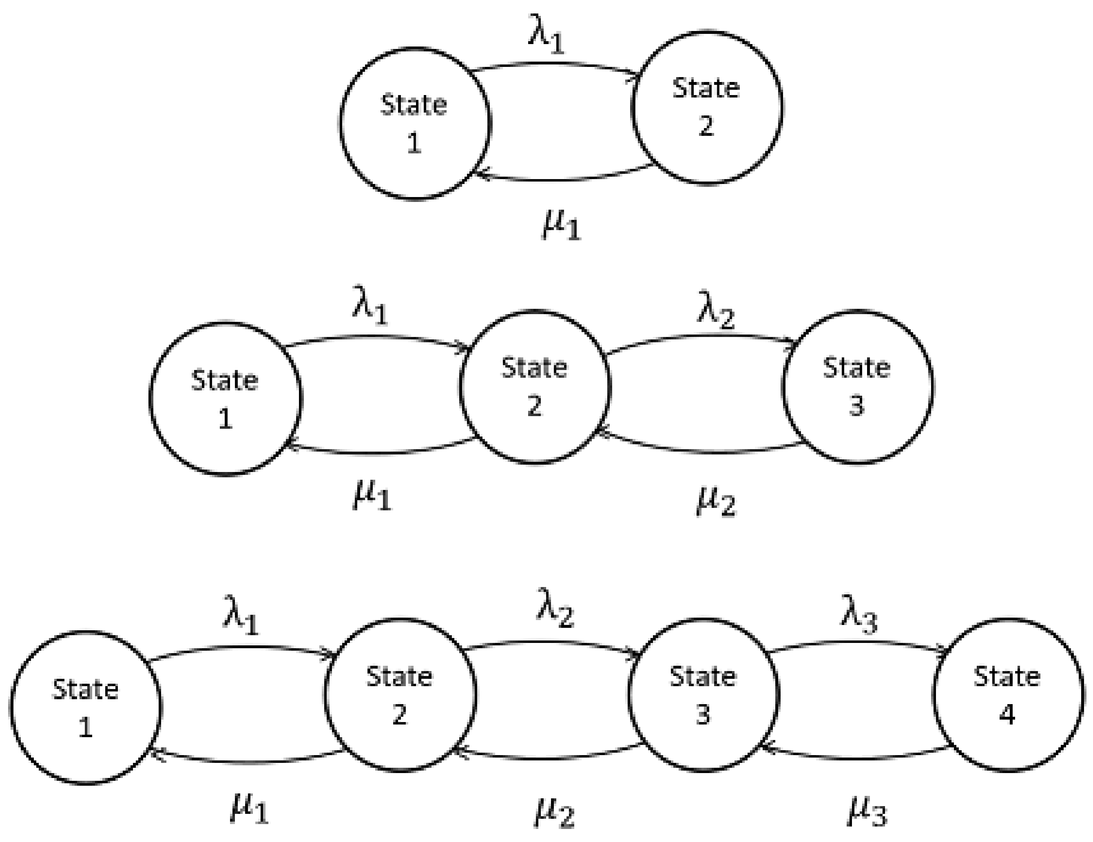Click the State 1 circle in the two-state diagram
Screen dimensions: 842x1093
[x=414, y=124]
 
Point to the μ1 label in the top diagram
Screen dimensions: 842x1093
[x=561, y=226]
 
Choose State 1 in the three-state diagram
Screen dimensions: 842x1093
[x=225, y=399]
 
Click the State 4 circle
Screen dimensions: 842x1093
[x=1007, y=695]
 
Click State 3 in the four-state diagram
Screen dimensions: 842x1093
[x=703, y=695]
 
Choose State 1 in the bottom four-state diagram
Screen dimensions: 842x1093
[x=86, y=708]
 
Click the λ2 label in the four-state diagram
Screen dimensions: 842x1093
[x=555, y=613]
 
